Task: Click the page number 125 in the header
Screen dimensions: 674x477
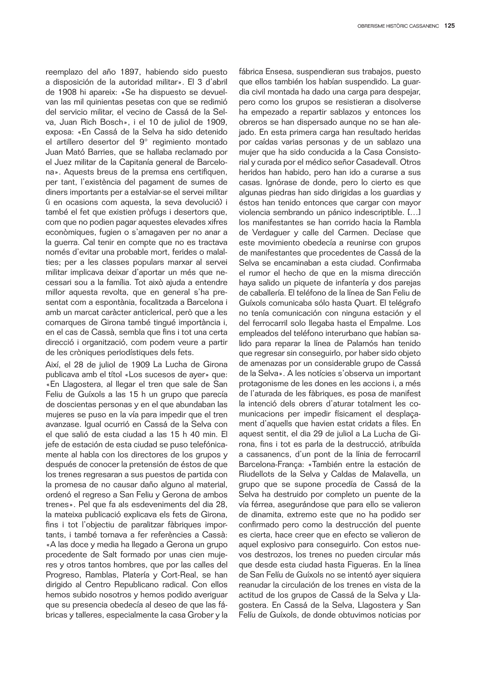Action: coord(450,26)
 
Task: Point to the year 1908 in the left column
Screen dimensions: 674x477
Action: coord(59,92)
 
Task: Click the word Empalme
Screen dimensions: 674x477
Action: coord(385,322)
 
